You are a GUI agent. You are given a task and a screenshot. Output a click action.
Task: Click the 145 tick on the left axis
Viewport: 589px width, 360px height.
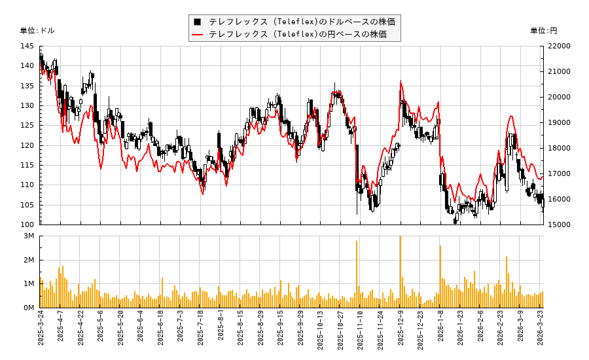click(27, 46)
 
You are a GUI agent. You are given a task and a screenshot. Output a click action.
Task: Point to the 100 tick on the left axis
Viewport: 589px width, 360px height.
click(27, 225)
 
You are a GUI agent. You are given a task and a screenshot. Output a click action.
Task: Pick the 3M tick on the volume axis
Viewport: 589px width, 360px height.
click(29, 236)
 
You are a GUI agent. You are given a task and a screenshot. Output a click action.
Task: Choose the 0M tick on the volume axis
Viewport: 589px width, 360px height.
click(29, 308)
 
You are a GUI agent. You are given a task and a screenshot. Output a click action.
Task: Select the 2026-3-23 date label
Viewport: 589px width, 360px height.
click(541, 330)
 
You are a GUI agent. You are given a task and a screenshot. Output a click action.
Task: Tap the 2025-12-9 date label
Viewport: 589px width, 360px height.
click(401, 330)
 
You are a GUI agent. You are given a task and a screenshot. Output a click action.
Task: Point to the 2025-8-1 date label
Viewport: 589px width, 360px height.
click(221, 330)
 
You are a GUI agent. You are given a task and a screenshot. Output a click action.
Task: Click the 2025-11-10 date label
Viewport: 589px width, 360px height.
click(361, 330)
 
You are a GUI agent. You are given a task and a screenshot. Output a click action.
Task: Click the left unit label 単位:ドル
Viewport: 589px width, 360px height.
click(37, 31)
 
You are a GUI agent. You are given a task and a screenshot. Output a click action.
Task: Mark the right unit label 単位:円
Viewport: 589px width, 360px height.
click(544, 31)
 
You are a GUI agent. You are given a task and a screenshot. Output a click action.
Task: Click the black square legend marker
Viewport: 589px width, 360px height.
click(197, 22)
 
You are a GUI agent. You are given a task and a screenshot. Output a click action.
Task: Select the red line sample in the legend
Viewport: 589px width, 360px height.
click(197, 34)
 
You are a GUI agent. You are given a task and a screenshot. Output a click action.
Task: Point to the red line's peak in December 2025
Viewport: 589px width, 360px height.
click(401, 82)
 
